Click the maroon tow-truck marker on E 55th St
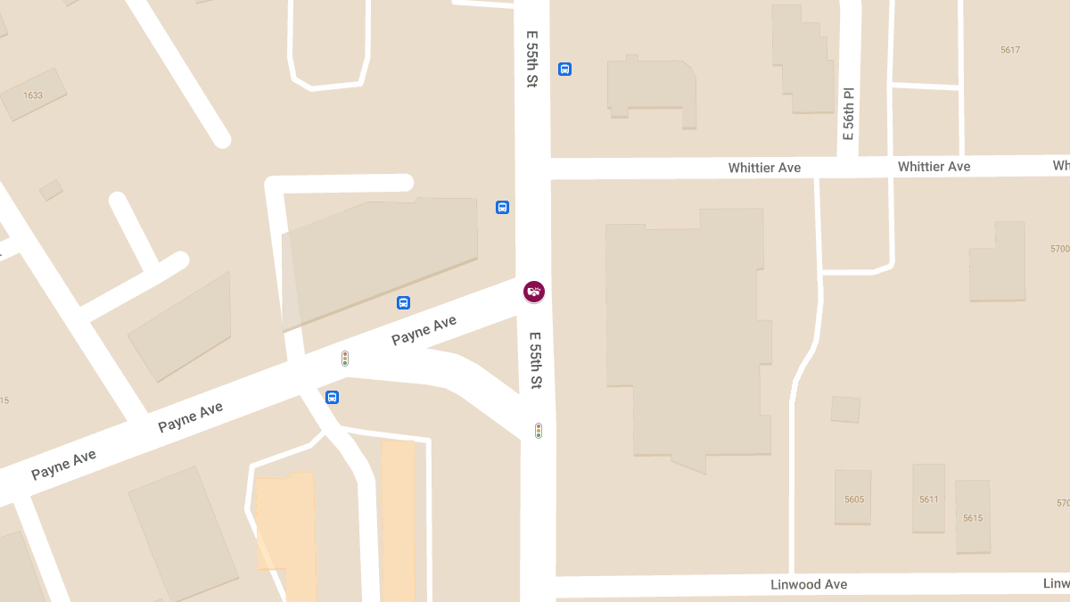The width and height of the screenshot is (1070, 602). click(534, 291)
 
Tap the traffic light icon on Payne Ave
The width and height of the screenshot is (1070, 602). click(345, 359)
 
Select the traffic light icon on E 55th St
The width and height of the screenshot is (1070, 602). click(539, 431)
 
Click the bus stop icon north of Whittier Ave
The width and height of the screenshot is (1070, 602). click(564, 69)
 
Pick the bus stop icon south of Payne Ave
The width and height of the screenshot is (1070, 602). click(332, 398)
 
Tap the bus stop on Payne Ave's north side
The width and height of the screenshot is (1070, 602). click(403, 302)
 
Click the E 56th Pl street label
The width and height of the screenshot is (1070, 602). click(849, 113)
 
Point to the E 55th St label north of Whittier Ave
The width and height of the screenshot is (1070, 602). click(532, 59)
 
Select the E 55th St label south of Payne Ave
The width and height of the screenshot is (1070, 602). click(535, 360)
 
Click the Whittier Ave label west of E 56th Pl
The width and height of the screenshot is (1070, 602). click(764, 168)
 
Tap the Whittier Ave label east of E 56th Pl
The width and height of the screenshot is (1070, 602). click(934, 167)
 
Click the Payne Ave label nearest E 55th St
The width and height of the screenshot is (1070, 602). click(424, 330)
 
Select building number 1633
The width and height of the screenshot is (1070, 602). click(33, 95)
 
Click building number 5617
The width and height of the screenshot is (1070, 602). click(1009, 50)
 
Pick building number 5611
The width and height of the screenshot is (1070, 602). click(928, 499)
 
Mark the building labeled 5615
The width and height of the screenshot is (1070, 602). click(972, 518)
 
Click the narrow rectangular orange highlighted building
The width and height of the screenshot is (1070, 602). click(398, 520)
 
